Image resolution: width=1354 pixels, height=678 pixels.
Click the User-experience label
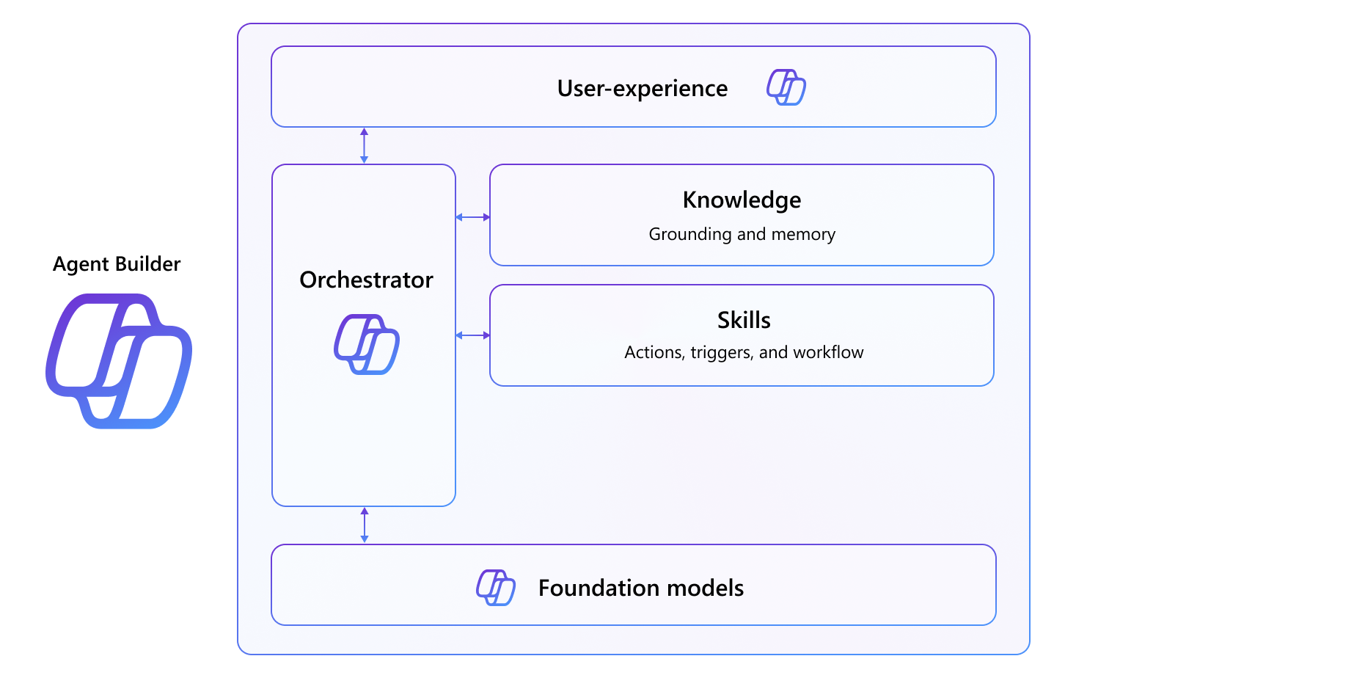point(642,88)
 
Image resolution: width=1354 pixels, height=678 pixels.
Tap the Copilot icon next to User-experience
point(786,87)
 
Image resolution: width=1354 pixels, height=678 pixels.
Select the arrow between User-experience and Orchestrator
point(364,145)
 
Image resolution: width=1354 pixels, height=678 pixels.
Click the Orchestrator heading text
point(366,280)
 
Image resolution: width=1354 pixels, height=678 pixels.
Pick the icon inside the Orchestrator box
point(366,344)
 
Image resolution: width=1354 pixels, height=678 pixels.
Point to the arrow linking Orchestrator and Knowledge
point(472,217)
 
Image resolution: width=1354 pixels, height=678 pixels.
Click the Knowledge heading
point(742,200)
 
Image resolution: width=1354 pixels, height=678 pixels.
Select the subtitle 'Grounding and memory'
point(742,234)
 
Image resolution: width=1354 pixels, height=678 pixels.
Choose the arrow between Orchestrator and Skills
point(472,335)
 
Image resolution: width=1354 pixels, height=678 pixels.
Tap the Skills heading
point(744,320)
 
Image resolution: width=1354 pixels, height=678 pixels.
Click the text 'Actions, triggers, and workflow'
point(744,352)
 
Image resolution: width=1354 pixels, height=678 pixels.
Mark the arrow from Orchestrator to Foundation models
point(365,525)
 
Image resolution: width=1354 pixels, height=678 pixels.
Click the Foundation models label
point(640,588)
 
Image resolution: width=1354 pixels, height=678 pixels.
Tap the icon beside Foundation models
point(496,587)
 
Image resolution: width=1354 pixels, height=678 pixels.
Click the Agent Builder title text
point(117,264)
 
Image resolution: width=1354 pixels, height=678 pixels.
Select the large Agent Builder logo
point(119,360)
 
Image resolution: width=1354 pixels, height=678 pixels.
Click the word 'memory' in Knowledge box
point(802,234)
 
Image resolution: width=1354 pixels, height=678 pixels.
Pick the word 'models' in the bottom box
point(710,588)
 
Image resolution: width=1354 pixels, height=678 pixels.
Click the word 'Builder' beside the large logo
point(147,264)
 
